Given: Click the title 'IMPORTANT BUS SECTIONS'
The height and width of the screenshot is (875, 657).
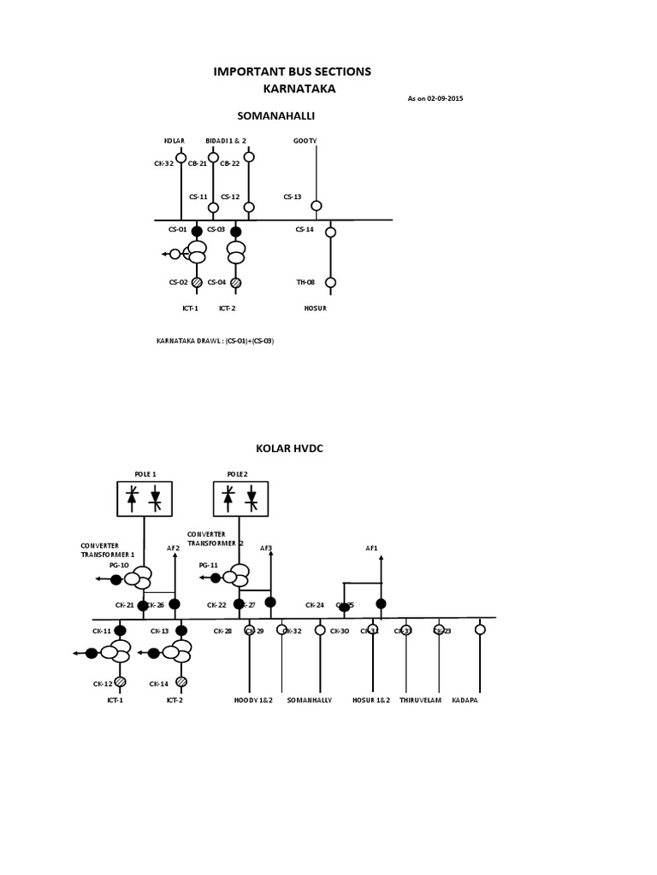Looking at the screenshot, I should [292, 72].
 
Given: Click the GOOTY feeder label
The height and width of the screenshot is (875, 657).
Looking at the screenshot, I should [305, 140].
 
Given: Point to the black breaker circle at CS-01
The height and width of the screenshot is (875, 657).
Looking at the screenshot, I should [197, 232].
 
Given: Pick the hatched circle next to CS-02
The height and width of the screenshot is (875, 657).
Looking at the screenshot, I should [197, 282].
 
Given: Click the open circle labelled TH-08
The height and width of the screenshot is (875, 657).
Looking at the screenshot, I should [331, 282].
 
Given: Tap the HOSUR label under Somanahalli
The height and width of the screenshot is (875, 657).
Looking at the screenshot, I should [316, 308].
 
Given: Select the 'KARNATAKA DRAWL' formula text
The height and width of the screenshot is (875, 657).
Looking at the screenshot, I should [215, 340].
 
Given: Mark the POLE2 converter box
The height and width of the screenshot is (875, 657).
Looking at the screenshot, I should [240, 498].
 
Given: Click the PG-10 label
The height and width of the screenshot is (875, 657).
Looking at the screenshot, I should [119, 565].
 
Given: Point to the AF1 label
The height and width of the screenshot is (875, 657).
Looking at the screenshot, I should [371, 548].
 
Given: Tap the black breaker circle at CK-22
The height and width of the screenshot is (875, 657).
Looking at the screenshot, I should [240, 605].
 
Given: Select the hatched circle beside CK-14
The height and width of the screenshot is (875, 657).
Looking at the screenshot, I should [181, 682].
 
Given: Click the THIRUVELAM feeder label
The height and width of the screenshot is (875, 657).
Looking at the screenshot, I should [420, 701].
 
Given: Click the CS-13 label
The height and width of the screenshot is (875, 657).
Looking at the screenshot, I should [293, 197].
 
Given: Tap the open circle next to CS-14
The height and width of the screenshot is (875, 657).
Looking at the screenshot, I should [331, 232].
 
